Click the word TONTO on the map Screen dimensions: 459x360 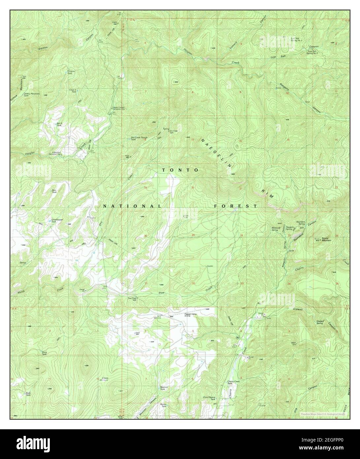[x=180, y=170]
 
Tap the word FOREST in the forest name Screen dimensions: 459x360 [x=235, y=206]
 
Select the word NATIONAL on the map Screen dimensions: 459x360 [x=132, y=206]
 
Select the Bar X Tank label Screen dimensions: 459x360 [x=59, y=124]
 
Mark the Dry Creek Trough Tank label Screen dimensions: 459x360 [x=138, y=138]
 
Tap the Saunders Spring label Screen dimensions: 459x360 [x=300, y=223]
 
